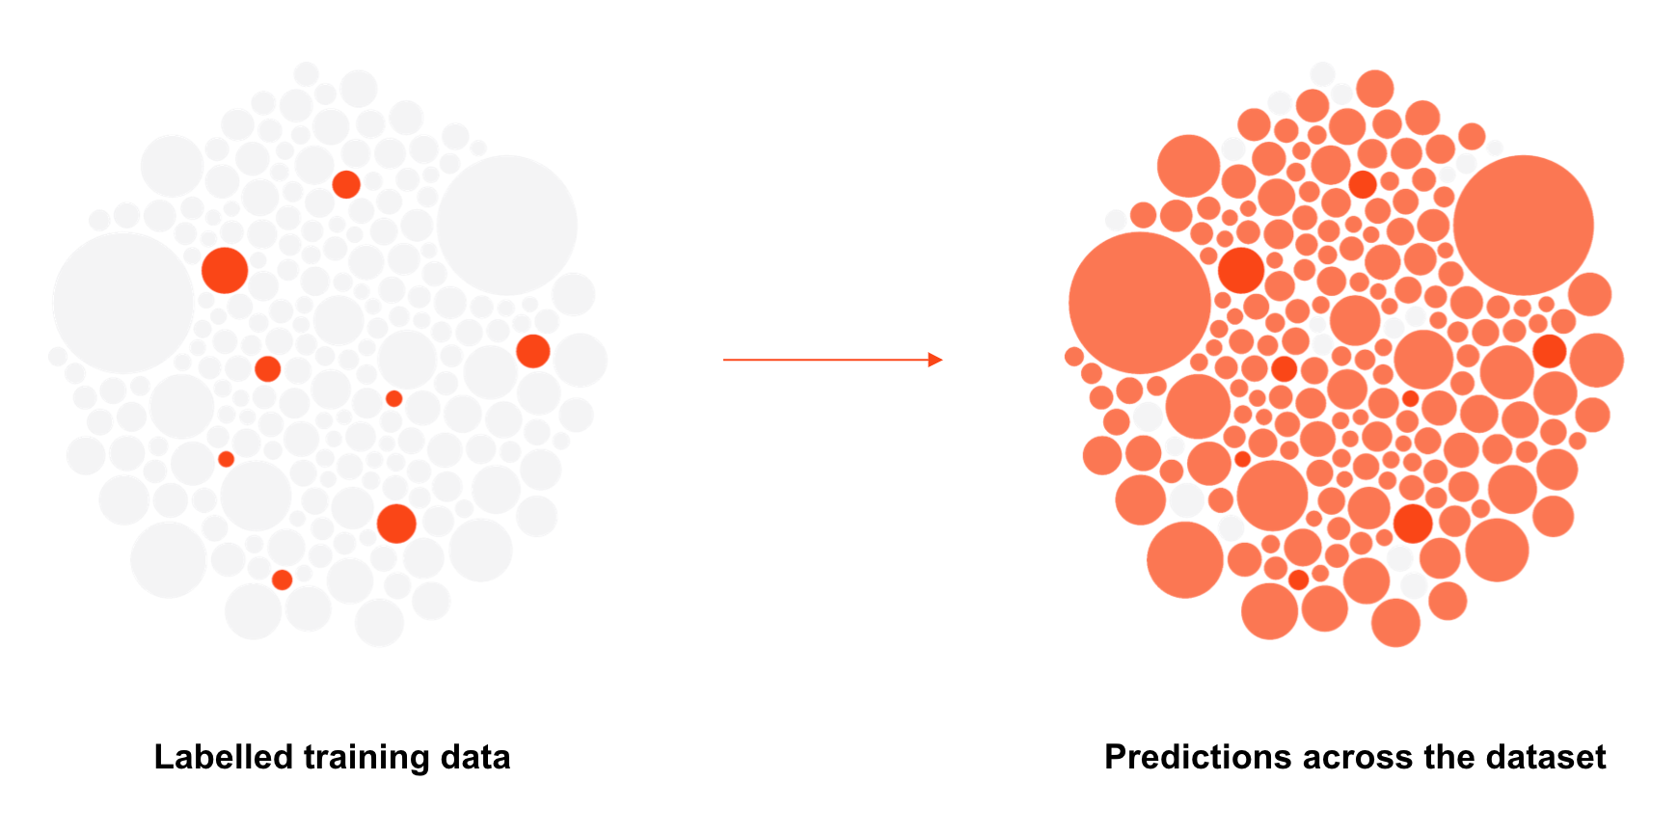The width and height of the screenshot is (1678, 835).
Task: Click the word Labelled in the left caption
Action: click(224, 757)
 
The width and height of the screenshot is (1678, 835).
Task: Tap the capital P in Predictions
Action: click(1116, 757)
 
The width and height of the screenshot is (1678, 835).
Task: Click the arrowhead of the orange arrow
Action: click(935, 360)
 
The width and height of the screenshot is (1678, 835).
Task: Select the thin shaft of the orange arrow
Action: click(825, 360)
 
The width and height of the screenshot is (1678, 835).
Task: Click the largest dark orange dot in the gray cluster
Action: click(225, 270)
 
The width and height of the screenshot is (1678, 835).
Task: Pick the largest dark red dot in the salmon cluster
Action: click(1241, 270)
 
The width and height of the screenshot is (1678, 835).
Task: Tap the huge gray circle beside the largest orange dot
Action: click(123, 303)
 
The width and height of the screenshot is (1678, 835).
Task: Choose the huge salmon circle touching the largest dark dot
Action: click(1140, 303)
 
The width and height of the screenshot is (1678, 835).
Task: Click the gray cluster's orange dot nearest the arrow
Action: click(533, 351)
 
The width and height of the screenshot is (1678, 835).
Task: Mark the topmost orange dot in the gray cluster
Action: click(346, 184)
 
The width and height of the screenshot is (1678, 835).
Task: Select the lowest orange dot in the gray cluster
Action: click(282, 579)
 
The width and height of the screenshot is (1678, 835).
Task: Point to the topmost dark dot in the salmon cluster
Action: click(1363, 184)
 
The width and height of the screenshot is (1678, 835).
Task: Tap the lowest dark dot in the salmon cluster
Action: click(1298, 579)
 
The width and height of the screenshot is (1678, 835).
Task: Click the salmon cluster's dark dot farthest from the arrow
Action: click(1550, 351)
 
